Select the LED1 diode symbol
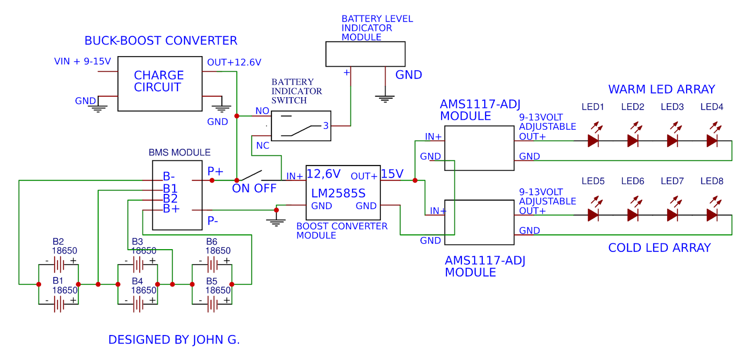pyautogui.click(x=593, y=141)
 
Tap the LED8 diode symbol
pyautogui.click(x=712, y=215)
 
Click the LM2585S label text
pyautogui.click(x=338, y=193)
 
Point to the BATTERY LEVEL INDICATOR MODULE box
pyautogui.click(x=365, y=54)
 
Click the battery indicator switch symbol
pyautogui.click(x=301, y=126)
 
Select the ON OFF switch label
pyautogui.click(x=254, y=189)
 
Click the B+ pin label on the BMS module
pyautogui.click(x=171, y=209)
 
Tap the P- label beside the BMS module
pyautogui.click(x=212, y=220)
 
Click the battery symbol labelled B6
pyautogui.click(x=212, y=265)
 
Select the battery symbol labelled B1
pyautogui.click(x=59, y=304)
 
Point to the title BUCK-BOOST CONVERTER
pyautogui.click(x=160, y=41)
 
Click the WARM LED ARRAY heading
pyautogui.click(x=661, y=90)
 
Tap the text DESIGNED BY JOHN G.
pyautogui.click(x=174, y=340)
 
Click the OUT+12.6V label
pyautogui.click(x=234, y=63)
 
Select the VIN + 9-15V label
pyautogui.click(x=82, y=62)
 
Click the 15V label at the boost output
pyautogui.click(x=392, y=174)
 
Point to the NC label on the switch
pyautogui.click(x=262, y=146)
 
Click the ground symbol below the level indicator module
pyautogui.click(x=385, y=99)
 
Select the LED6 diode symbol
pyautogui.click(x=633, y=215)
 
